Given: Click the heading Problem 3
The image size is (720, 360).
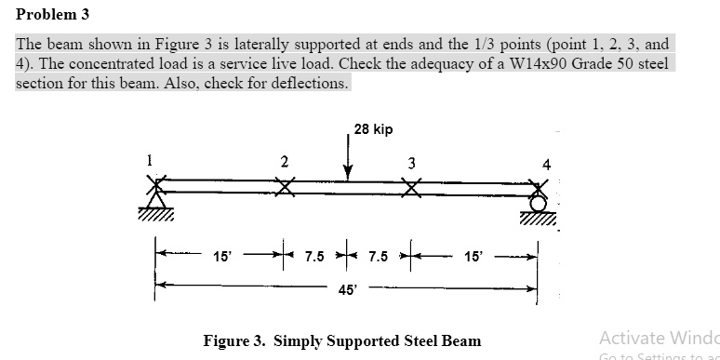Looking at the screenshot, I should [52, 15].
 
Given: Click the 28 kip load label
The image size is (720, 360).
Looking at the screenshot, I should [373, 129].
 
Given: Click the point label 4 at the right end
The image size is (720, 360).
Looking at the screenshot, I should [546, 166].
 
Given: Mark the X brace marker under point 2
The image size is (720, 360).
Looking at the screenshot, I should [284, 187].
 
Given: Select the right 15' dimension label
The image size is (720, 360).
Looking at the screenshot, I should [474, 255].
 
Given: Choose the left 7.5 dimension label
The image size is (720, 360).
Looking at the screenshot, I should [316, 255].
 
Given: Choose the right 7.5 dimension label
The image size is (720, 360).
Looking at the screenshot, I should [379, 255].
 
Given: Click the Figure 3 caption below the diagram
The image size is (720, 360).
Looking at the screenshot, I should [342, 340].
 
